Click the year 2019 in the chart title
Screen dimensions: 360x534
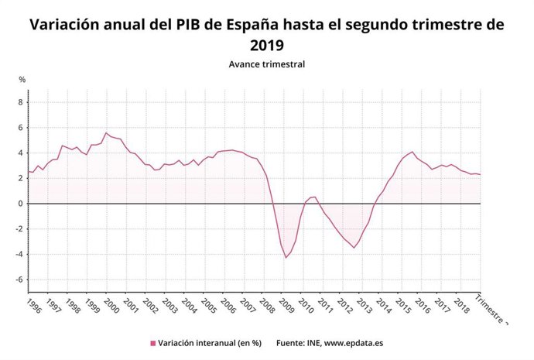click(x=266, y=46)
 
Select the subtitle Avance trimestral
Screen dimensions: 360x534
click(x=266, y=64)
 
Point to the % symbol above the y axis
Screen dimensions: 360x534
click(x=22, y=80)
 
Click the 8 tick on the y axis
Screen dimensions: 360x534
click(x=22, y=102)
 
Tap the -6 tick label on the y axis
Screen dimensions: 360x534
click(x=20, y=280)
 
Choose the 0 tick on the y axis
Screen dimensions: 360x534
click(x=22, y=204)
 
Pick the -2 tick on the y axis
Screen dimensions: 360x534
click(x=20, y=229)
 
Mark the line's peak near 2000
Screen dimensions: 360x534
click(x=107, y=132)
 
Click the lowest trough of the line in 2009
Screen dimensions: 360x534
click(x=286, y=258)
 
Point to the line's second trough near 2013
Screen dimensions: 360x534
click(x=354, y=248)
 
